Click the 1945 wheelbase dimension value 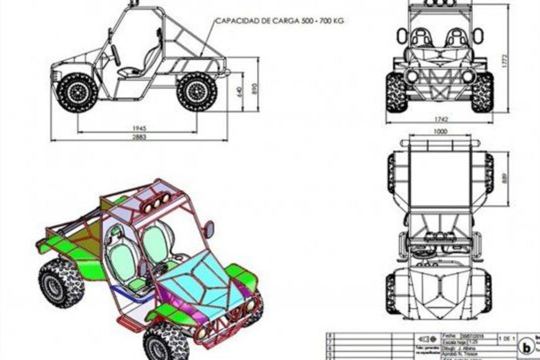139,128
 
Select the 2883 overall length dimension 139,137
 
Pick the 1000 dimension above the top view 440,132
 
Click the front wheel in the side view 78,92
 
